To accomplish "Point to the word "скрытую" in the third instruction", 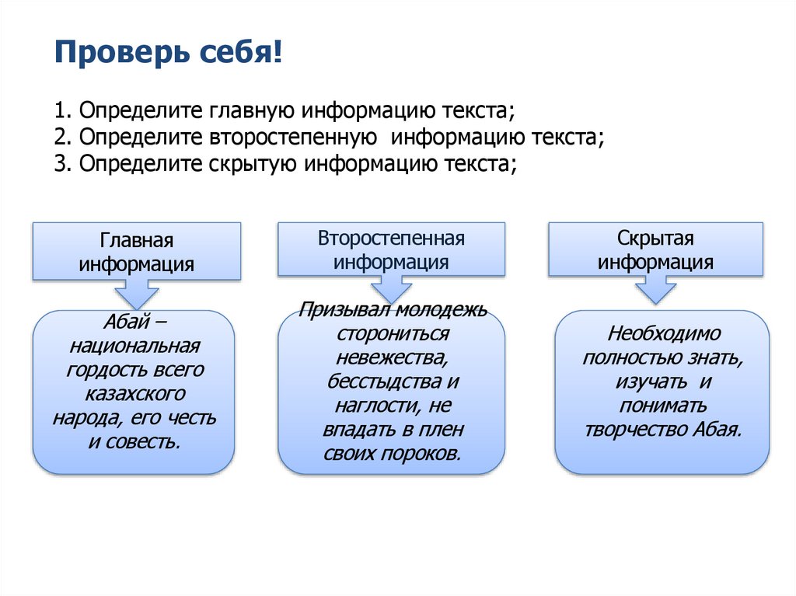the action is (x=252, y=164).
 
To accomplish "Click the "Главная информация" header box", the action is (x=136, y=251).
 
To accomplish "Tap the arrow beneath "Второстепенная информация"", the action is (x=391, y=291).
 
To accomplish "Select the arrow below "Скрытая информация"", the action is (x=655, y=291).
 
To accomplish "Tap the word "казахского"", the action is (x=134, y=394).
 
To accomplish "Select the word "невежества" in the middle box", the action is (x=392, y=358).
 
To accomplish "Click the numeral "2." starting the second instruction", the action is (x=62, y=138).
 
